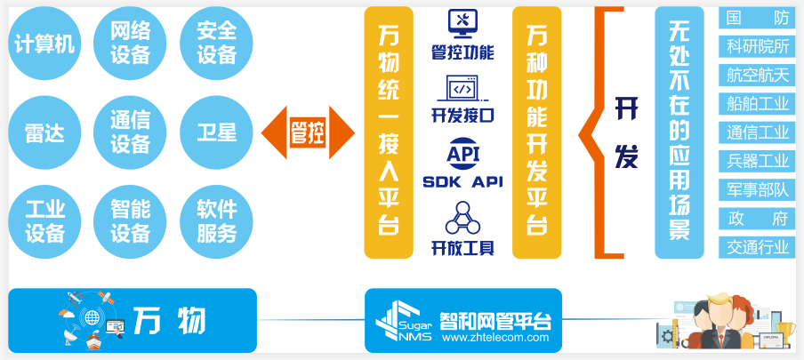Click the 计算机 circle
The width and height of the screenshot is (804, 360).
[44, 43]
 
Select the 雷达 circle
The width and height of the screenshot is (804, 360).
[44, 132]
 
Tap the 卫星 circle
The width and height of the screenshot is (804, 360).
[216, 132]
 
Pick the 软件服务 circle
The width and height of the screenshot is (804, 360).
[216, 221]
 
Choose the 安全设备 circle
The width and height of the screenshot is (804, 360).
[216, 43]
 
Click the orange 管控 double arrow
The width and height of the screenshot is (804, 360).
[308, 132]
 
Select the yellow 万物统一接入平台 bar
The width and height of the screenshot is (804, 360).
[389, 132]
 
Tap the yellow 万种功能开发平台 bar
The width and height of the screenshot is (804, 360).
[537, 132]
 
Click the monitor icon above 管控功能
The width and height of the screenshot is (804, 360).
[462, 24]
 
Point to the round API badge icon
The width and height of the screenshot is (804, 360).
[462, 153]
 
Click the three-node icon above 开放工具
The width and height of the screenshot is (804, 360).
[462, 219]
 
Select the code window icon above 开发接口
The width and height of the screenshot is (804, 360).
[462, 89]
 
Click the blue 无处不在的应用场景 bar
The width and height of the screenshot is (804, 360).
[679, 132]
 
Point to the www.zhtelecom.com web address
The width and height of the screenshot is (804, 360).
[495, 338]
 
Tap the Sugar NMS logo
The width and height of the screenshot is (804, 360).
[405, 322]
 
